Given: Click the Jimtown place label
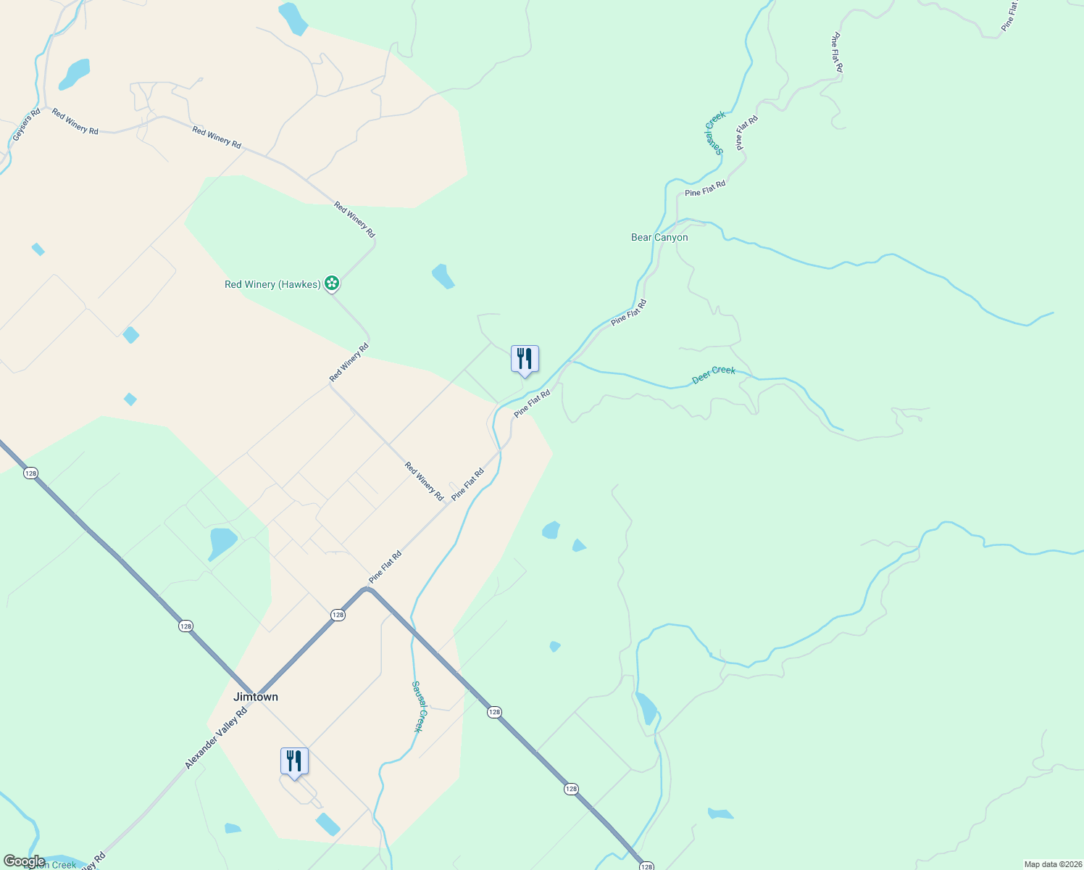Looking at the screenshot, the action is coord(256,697).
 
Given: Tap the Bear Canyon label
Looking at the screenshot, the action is coord(659,237).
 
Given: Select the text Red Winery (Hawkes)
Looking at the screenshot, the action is coord(272,284).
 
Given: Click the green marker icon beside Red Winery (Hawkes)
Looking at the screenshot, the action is coord(332,283).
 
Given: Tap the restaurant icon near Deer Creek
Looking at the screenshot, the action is coord(525,360).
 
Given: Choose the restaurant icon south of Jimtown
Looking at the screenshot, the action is coord(294,762).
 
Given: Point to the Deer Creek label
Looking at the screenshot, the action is coord(714,374).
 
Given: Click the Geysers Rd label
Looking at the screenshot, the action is coord(27,125).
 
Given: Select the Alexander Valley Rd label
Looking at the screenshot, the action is coord(216,738).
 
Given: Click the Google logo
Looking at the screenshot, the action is coord(24,861).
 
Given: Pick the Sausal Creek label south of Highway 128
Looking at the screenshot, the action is coord(417,706).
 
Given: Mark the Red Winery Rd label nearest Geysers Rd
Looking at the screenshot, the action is coord(75,122).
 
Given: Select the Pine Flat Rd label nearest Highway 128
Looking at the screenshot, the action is coord(385,568).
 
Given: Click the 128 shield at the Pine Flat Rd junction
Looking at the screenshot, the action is coord(338,615).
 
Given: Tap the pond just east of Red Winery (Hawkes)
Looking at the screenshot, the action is coord(443,276).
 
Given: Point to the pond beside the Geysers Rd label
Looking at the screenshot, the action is coord(74,74).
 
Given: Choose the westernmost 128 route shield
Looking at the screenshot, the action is coord(30,473).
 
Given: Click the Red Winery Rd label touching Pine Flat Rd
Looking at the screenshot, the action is coord(425,481).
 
